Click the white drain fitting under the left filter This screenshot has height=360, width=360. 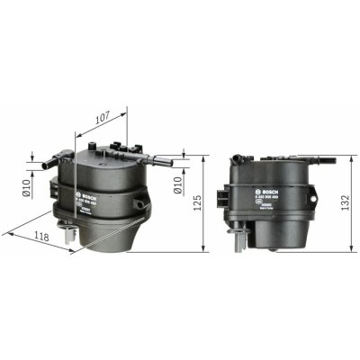pos(70,235)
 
